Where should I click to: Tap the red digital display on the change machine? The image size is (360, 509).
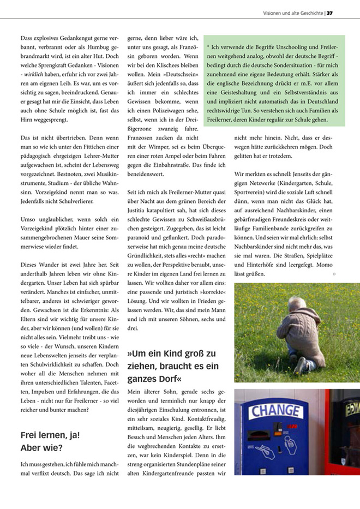293,426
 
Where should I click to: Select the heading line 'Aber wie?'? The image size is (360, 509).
41,448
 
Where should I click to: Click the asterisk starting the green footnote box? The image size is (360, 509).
208,48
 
